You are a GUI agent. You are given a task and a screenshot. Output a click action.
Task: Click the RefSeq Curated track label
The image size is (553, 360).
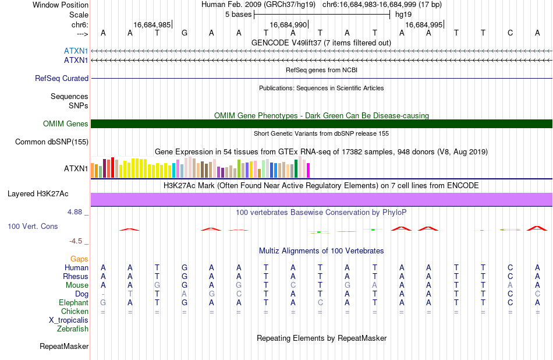coord(62,79)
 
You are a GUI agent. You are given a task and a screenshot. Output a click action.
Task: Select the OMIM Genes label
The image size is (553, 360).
coord(66,124)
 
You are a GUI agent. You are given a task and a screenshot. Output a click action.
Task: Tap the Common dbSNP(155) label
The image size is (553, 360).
coord(52,142)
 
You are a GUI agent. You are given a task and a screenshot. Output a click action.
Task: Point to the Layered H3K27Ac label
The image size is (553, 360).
coord(38,194)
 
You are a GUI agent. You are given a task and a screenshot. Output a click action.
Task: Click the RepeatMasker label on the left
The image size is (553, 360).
coord(64,346)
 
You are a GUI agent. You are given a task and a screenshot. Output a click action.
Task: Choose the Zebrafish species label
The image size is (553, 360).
coord(73,329)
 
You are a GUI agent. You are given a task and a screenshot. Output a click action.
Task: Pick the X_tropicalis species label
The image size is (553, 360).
coord(69,320)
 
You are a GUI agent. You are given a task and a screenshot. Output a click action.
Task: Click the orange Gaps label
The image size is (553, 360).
coord(79,259)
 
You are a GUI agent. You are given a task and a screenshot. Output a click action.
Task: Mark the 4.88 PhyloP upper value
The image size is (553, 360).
coord(75,212)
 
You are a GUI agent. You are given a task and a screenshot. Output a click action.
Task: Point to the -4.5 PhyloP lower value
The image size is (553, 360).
coord(76,241)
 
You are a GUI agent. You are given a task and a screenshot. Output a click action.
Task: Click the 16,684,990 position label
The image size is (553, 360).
coord(289,24)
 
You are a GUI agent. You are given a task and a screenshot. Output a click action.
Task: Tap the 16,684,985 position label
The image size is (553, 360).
coord(152,24)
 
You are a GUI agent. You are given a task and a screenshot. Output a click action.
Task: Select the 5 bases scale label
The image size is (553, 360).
coord(239,15)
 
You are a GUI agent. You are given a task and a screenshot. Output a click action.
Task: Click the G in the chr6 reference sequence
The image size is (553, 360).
coord(185,33)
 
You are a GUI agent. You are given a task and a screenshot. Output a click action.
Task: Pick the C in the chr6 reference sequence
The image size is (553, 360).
coord(510,33)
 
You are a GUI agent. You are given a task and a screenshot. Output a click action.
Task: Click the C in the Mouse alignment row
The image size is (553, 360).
coord(293,285)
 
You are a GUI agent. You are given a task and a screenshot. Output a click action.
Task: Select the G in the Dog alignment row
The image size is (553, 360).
coord(212,294)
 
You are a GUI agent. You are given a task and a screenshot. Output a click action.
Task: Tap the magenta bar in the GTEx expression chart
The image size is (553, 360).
coord(309,170)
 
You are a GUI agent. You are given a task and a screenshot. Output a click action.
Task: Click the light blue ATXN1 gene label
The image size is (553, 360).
coord(76,51)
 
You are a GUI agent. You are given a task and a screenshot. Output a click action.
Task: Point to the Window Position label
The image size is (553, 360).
coord(61,5)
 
